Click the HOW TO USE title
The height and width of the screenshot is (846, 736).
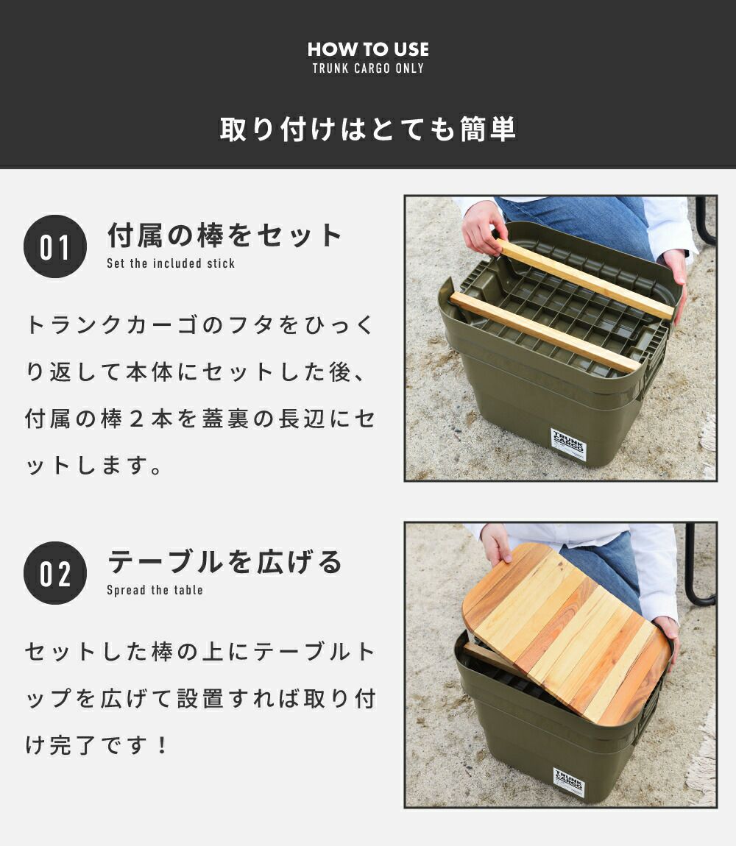[x=368, y=49]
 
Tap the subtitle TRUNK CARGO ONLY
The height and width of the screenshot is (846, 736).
[x=368, y=68]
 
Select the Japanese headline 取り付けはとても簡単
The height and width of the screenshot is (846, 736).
[x=368, y=129]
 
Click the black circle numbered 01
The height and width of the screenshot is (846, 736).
[x=55, y=246]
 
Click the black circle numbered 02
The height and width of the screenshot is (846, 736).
[x=55, y=573]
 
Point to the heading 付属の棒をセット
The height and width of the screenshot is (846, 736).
[x=224, y=235]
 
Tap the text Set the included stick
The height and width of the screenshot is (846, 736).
[x=171, y=263]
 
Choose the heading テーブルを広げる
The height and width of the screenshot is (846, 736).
[x=224, y=561]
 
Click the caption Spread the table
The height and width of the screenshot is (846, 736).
[x=155, y=590]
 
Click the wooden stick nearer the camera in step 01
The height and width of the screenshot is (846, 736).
[x=545, y=332]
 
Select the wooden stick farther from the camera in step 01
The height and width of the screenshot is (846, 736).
[x=587, y=280]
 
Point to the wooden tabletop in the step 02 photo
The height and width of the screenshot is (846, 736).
[x=567, y=633]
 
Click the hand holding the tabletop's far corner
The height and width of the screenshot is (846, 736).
[x=496, y=544]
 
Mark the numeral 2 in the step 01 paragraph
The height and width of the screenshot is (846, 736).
[x=136, y=419]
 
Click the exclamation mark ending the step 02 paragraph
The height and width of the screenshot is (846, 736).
[x=161, y=745]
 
